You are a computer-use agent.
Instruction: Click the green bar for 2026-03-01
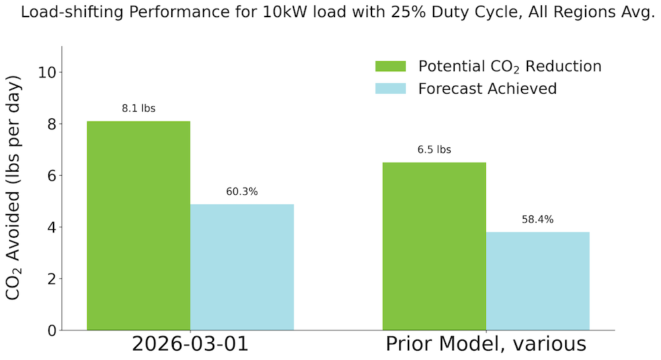point(139,225)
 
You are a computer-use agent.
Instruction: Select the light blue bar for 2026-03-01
point(242,267)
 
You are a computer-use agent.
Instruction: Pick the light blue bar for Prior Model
point(537,281)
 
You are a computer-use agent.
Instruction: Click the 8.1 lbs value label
point(139,108)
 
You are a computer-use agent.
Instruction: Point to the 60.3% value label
point(242,192)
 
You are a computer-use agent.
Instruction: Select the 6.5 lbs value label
point(434,150)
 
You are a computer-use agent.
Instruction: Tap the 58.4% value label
point(537,219)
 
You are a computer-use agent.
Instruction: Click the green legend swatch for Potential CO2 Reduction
point(391,66)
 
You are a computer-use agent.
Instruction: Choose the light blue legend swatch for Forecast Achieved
point(391,89)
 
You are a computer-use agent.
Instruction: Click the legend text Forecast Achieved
point(487,89)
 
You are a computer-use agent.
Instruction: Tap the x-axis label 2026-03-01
point(190,344)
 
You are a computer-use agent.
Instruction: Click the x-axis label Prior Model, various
point(486,344)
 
